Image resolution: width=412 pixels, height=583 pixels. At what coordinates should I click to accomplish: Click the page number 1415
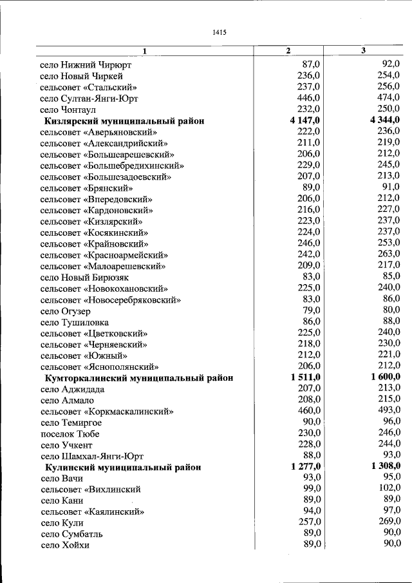point(218,33)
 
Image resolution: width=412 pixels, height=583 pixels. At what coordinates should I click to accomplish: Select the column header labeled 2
point(288,51)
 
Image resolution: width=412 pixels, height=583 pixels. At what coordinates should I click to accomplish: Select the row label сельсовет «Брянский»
point(86,188)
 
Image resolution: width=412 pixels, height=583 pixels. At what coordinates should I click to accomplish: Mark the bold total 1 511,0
point(305,378)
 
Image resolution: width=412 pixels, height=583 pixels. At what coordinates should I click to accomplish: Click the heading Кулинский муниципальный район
point(122,466)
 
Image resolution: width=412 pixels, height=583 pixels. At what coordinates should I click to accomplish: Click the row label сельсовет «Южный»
point(83,356)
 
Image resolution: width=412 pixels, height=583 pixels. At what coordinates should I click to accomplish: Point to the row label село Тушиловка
point(74,322)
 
